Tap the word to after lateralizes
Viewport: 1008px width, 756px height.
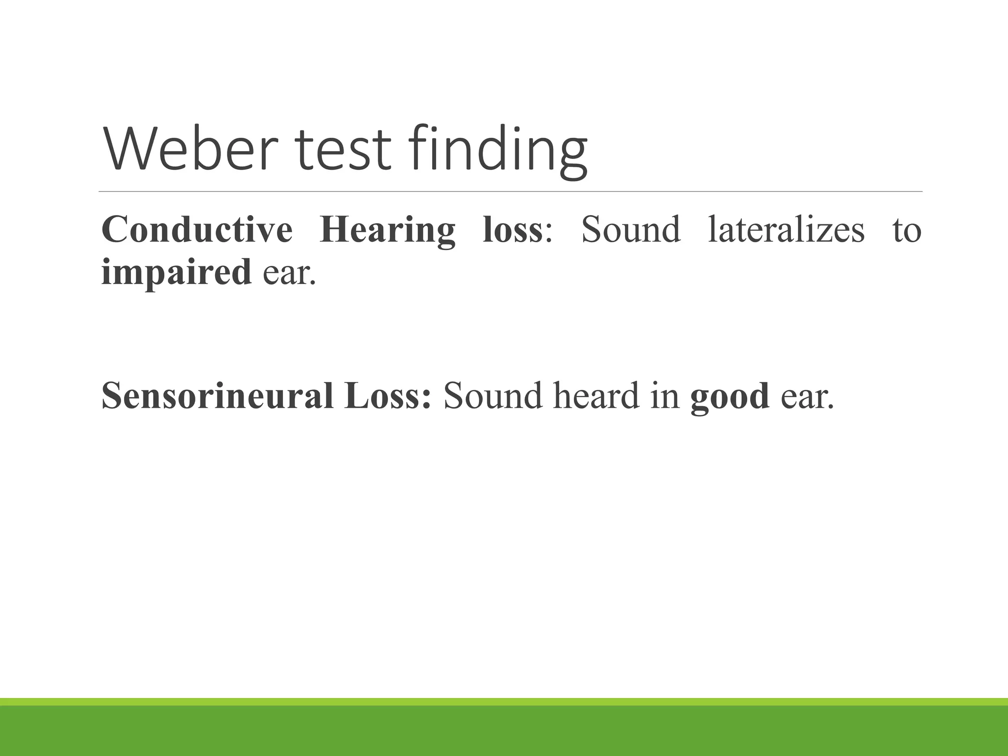pyautogui.click(x=907, y=230)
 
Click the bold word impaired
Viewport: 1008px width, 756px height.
pyautogui.click(x=177, y=272)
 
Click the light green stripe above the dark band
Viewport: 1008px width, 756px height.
pyautogui.click(x=504, y=701)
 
